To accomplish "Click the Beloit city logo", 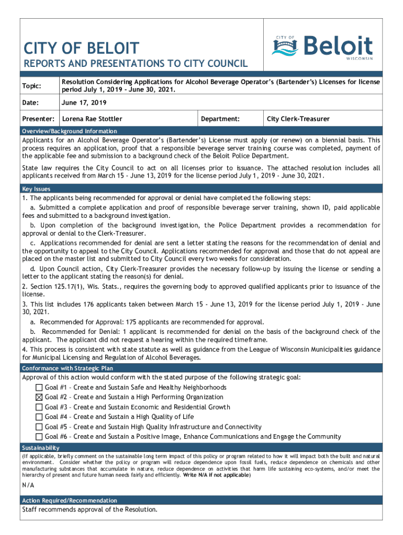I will coord(322,47).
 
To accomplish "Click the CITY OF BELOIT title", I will coord(81,49).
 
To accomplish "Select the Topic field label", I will coord(31,86).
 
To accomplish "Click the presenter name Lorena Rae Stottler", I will coord(92,119).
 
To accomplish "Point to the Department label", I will coord(220,119).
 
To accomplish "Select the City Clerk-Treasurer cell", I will coord(298,119).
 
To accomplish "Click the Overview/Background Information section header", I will coord(70,131).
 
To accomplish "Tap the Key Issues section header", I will coord(36,189).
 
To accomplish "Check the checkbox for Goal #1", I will coord(39,388).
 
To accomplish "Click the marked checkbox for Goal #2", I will coord(39,397).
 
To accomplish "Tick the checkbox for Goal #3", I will coord(39,407).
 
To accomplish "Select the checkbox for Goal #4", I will coord(39,417).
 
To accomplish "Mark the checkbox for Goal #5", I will coord(39,427).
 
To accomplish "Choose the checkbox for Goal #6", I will coord(39,437).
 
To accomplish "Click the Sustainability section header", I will coord(40,448).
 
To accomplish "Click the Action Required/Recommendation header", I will coord(69,501).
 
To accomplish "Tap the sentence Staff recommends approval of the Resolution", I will coord(89,510).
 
